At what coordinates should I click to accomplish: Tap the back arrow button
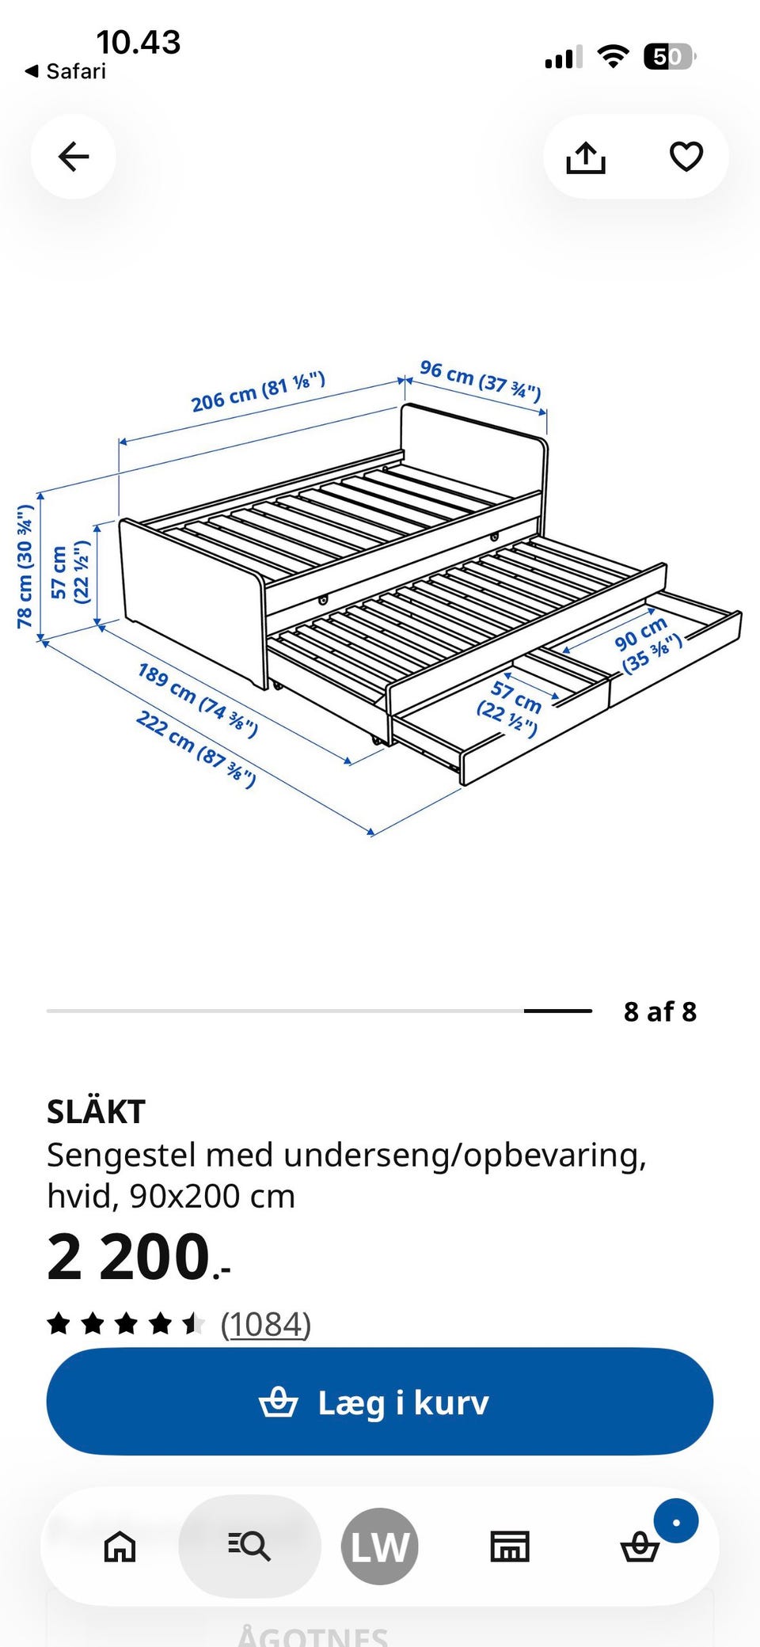[74, 157]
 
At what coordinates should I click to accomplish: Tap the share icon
[586, 157]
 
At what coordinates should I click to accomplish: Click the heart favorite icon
[686, 156]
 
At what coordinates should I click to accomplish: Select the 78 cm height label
[25, 567]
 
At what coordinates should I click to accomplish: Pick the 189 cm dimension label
[197, 700]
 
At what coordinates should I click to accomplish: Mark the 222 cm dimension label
[196, 749]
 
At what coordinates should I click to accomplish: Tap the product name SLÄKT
[96, 1112]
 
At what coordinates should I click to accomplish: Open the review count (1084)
[265, 1324]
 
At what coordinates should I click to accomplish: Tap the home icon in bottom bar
[120, 1546]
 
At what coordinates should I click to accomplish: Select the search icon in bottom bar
[249, 1546]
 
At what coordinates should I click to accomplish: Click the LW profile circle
[380, 1546]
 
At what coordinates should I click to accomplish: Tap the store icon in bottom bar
[510, 1546]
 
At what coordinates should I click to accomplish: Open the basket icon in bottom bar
[640, 1546]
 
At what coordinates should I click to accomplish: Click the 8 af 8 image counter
[660, 1011]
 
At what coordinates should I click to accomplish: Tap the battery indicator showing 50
[670, 57]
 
